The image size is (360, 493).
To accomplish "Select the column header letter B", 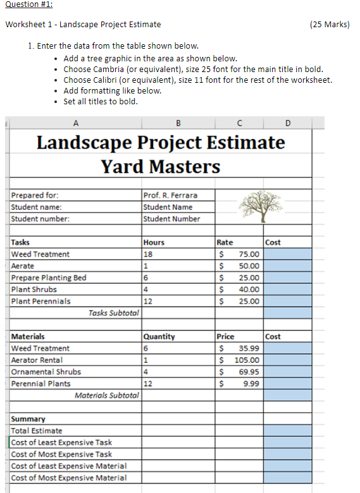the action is click(178, 123).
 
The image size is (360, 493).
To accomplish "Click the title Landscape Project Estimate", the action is click(161, 142).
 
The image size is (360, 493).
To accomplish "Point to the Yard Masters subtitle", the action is click(161, 166).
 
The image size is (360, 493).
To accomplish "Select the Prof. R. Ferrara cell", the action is click(170, 195).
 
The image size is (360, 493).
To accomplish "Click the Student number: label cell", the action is click(40, 219).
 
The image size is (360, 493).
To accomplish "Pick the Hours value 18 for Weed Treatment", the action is click(149, 254).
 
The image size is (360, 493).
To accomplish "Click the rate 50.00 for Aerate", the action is click(247, 266).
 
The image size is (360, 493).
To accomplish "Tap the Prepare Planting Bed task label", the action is click(49, 277).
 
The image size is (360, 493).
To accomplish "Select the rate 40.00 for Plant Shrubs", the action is click(247, 289).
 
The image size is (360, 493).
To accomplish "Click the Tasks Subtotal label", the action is click(113, 313).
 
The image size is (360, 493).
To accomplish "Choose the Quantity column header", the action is click(159, 336).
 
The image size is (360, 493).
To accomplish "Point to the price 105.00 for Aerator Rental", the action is click(246, 360).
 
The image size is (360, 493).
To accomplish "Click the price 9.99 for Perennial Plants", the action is click(249, 384).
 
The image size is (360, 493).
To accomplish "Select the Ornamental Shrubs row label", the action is click(46, 372).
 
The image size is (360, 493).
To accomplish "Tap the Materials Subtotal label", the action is click(106, 395).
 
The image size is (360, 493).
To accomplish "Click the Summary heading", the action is click(28, 419).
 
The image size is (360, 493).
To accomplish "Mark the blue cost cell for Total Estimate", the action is click(287, 430).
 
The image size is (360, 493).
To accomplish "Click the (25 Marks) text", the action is click(330, 25).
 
